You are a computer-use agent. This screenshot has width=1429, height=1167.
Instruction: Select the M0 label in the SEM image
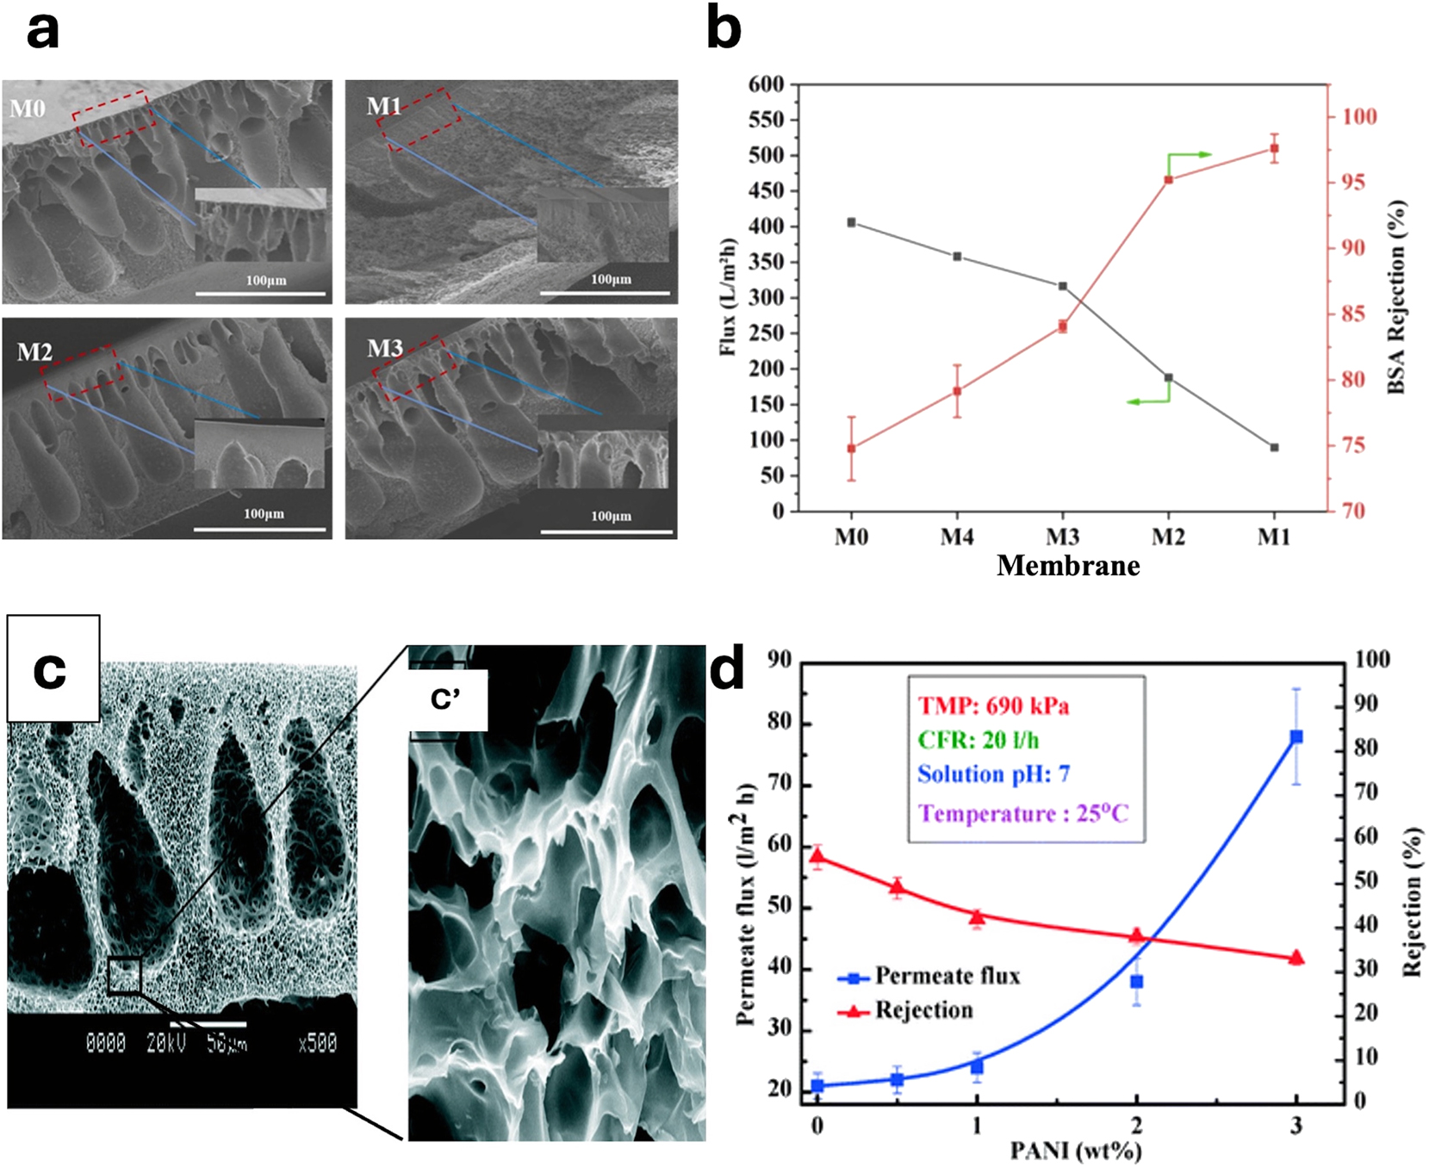28,109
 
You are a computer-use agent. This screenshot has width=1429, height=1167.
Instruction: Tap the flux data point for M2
1168,377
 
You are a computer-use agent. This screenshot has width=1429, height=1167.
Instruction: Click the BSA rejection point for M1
1274,148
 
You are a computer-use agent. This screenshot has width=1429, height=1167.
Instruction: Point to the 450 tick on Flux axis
767,191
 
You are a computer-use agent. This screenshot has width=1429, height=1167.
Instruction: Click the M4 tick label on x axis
957,537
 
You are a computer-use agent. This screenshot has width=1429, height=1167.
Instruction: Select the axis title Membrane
1068,566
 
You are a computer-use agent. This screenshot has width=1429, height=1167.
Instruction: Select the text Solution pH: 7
993,774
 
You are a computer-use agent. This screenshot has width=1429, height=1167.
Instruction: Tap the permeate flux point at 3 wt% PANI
1295,736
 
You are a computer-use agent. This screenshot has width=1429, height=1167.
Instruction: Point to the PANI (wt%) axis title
1076,1151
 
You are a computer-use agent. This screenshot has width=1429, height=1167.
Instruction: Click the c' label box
446,700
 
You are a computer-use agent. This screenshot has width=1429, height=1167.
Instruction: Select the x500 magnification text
317,1044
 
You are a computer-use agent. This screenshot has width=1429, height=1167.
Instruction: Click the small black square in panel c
124,975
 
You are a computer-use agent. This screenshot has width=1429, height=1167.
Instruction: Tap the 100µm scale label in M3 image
611,516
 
